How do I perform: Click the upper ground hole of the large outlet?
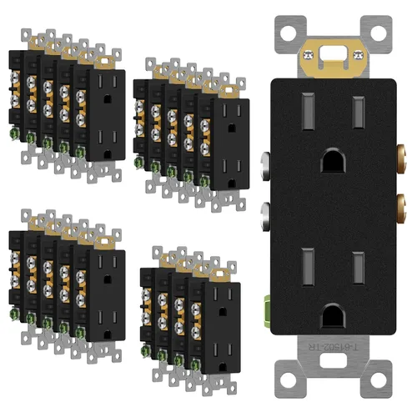pos(331,158)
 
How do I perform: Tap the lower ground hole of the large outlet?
pos(331,311)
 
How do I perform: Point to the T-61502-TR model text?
pos(333,345)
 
